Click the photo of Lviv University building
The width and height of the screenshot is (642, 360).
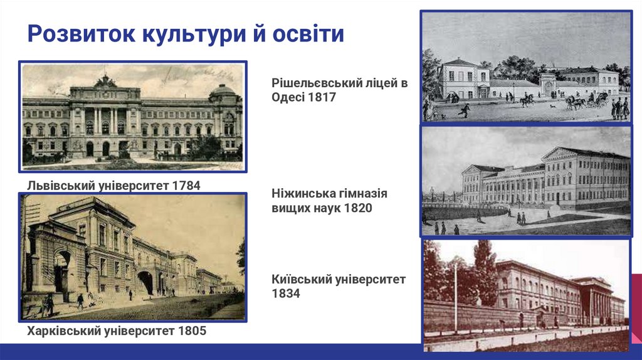point(132,117)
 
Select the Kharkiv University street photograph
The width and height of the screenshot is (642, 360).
point(132,257)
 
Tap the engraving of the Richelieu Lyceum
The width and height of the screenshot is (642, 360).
point(525,66)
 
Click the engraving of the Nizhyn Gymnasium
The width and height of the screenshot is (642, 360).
point(525,181)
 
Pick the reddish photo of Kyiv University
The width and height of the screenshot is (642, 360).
point(525,295)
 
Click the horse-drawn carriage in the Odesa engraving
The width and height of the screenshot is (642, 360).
point(586,100)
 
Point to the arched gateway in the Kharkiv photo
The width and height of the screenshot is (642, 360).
point(145,282)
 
